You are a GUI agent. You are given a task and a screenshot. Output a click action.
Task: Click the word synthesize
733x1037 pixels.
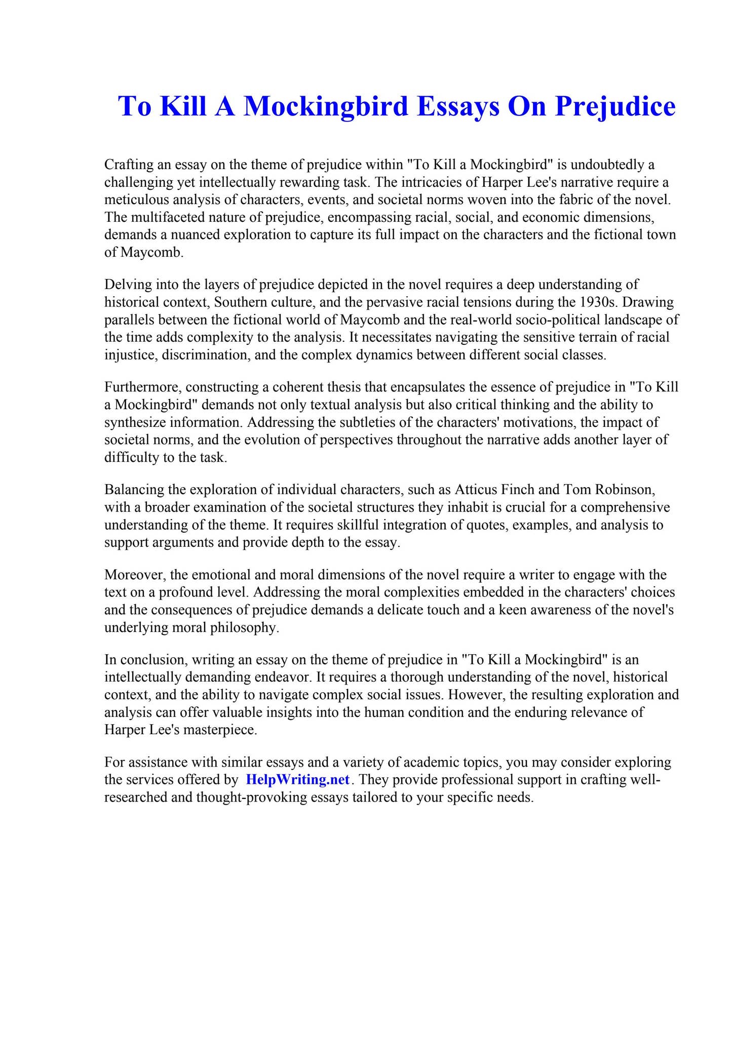click(134, 422)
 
